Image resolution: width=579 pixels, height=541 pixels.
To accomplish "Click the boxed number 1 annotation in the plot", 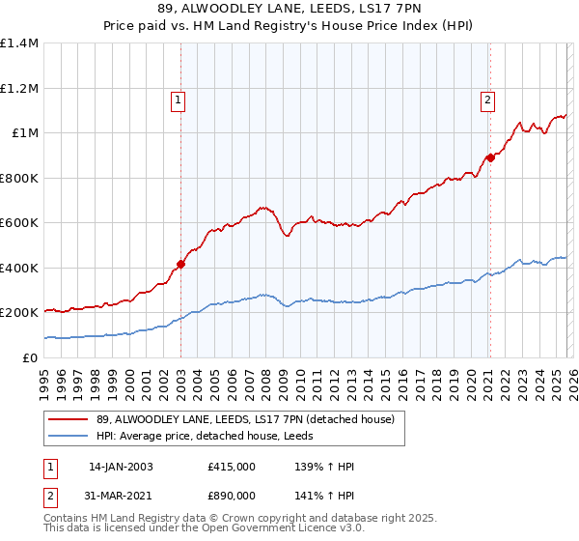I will tap(179, 99).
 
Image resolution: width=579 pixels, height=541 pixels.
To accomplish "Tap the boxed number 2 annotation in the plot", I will tap(488, 99).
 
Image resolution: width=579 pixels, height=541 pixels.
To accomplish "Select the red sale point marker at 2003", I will tap(180, 264).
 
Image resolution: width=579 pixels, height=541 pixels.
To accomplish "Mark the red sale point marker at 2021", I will tap(490, 157).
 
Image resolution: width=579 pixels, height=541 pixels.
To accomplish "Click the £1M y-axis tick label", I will tap(25, 133).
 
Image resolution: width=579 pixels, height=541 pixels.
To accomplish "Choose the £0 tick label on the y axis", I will tap(31, 357).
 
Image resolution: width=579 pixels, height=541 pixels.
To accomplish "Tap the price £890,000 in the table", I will tap(232, 495).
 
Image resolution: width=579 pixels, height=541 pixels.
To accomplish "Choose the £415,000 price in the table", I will tap(232, 467).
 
